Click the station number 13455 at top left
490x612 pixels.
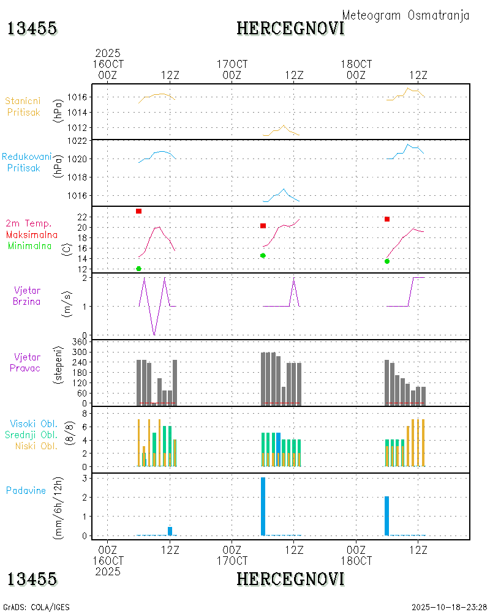point(32,28)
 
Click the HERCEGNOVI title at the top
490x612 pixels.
point(290,28)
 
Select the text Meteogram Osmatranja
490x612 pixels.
point(405,15)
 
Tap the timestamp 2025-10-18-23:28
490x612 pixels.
point(448,607)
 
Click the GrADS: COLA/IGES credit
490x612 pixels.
point(36,607)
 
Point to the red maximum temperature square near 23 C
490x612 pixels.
point(139,211)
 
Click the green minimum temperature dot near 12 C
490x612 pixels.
point(139,269)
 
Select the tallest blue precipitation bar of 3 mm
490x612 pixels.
point(263,506)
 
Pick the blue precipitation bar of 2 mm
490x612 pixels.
point(387,516)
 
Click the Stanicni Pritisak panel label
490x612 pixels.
point(24,106)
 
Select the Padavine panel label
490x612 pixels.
point(26,490)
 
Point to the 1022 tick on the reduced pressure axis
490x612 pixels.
point(81,141)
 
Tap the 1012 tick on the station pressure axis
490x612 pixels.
point(81,128)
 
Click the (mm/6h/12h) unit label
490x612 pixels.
point(61,507)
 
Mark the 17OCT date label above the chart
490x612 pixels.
point(232,64)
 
